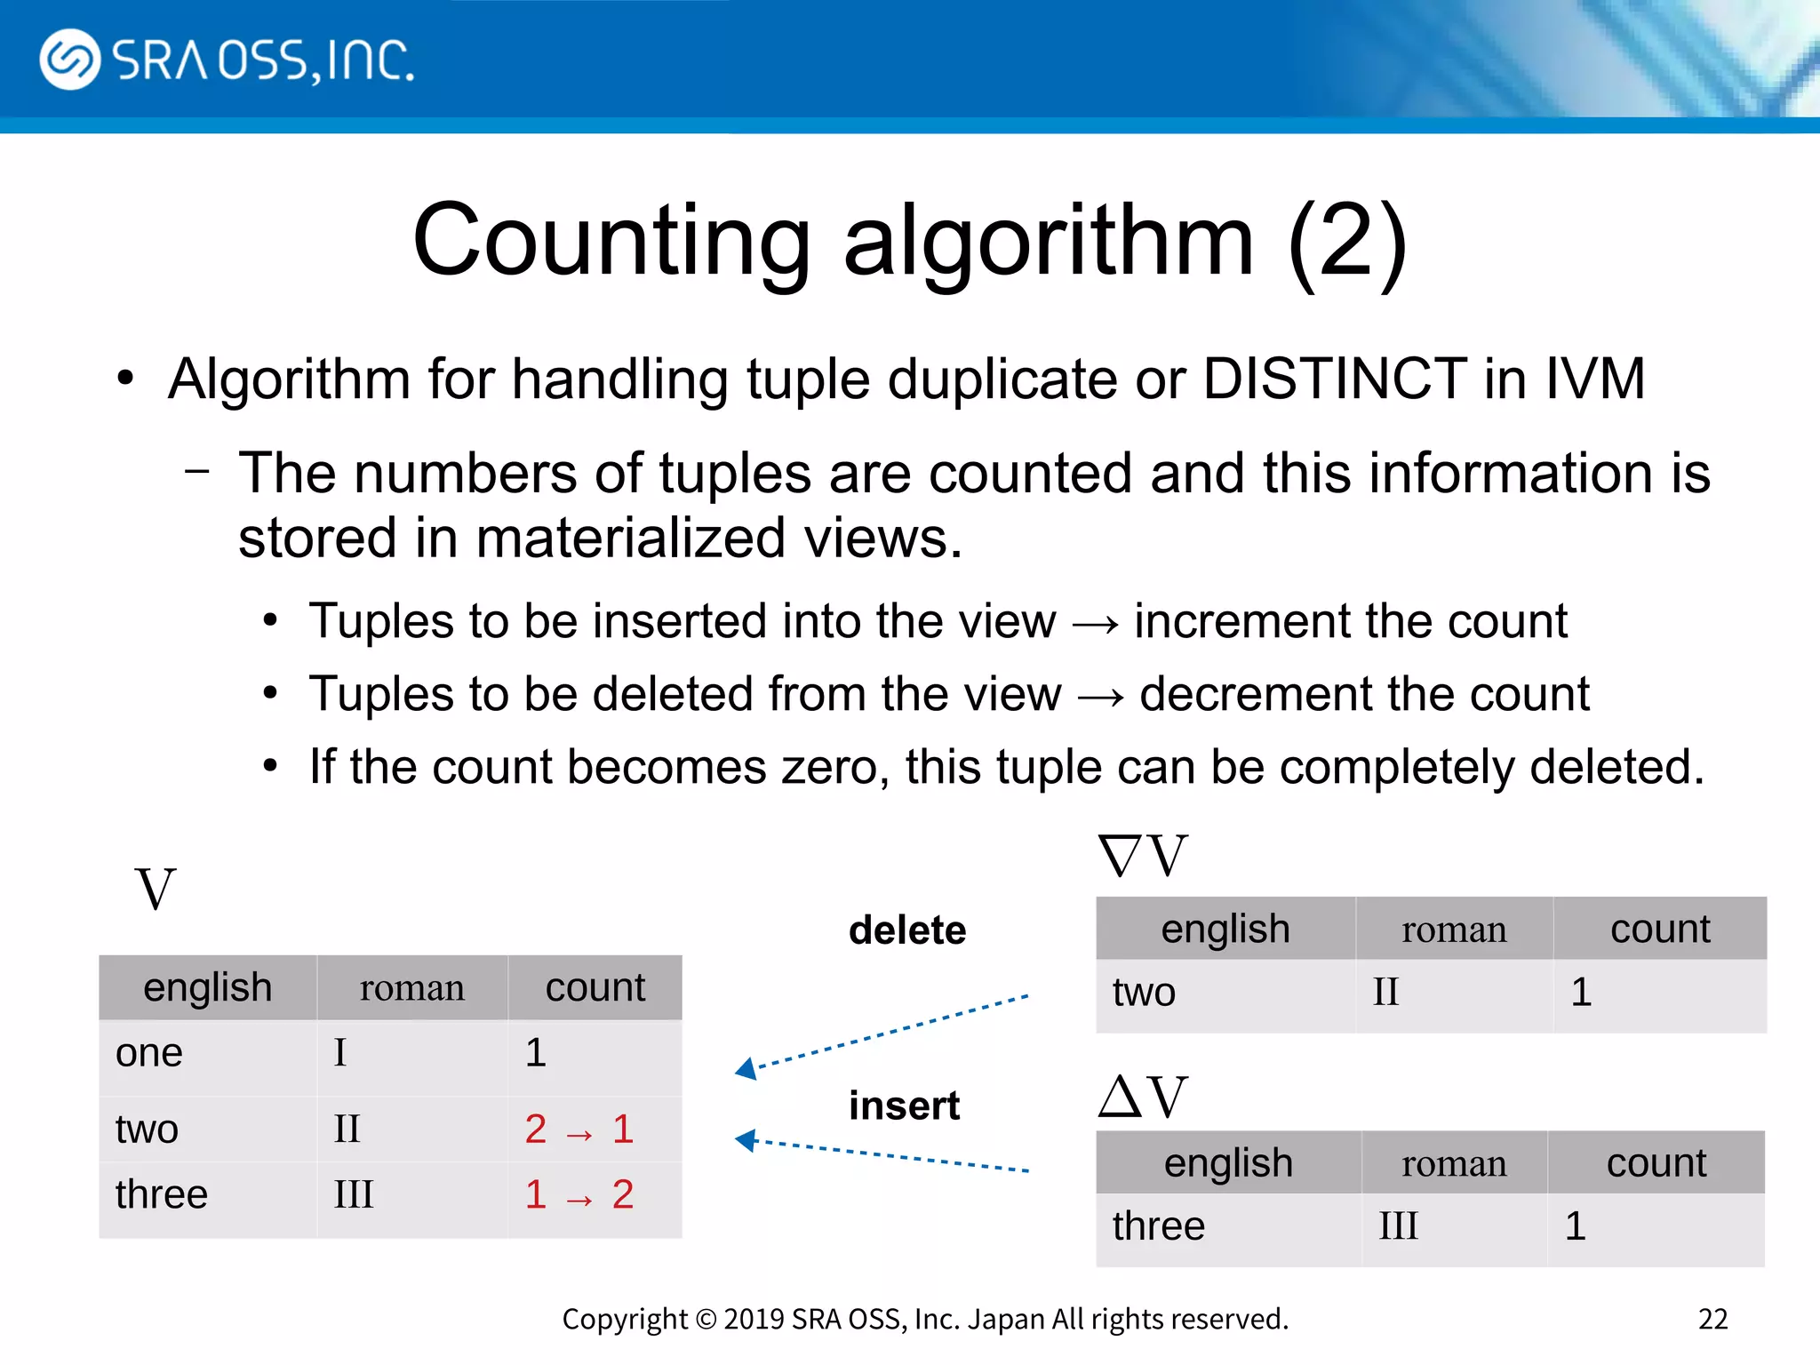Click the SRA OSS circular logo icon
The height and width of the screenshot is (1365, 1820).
tap(69, 60)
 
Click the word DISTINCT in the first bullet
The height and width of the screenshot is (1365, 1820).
tap(1334, 379)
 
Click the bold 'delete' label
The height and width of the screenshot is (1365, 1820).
tap(907, 930)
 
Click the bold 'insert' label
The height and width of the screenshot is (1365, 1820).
tap(904, 1106)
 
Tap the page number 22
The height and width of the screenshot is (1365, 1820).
tap(1712, 1319)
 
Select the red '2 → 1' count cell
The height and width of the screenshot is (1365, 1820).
tap(579, 1130)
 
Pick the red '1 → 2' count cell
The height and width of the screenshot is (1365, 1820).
tap(579, 1195)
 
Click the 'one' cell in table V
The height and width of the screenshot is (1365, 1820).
tap(149, 1053)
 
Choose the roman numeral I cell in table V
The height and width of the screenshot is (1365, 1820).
tap(340, 1053)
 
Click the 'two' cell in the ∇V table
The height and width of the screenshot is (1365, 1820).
tap(1144, 993)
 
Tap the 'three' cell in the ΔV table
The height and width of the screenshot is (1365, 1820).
tap(1158, 1226)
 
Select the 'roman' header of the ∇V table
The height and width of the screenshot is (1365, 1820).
tap(1454, 930)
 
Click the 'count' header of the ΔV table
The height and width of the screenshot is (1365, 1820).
tap(1656, 1163)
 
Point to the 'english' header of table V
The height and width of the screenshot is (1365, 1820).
tap(207, 988)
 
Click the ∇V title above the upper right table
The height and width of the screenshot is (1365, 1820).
tap(1142, 856)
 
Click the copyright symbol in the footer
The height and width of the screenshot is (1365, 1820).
tap(706, 1320)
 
